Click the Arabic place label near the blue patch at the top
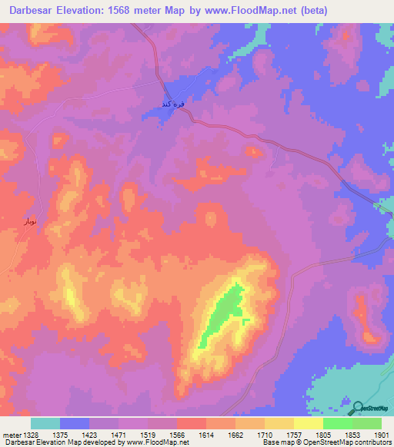(173, 104)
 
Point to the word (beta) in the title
(310, 11)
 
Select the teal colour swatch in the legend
(45, 423)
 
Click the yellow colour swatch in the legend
(308, 423)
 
